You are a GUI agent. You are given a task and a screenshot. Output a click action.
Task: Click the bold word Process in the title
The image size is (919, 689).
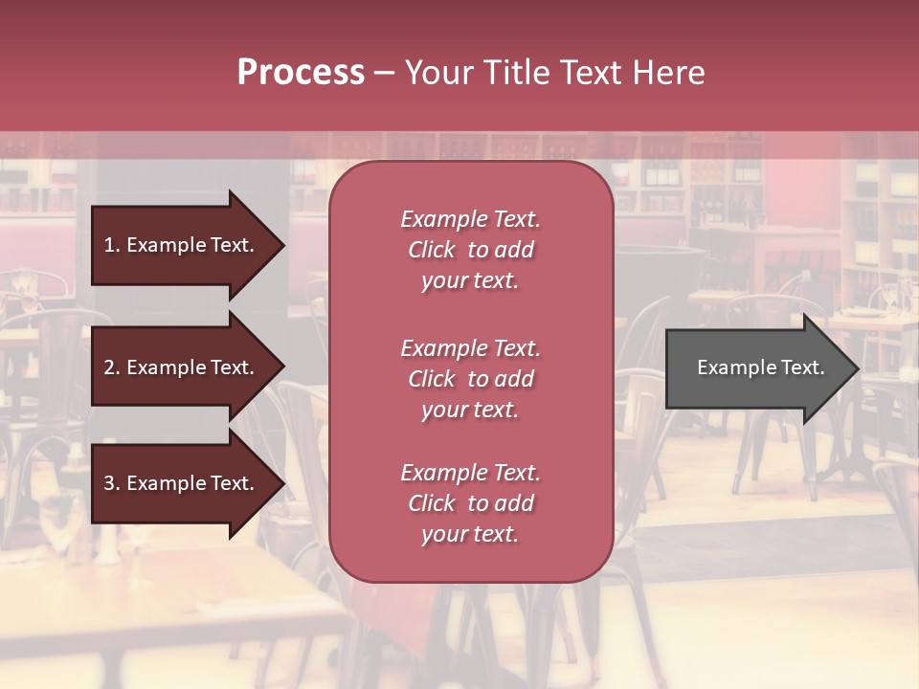coord(301,73)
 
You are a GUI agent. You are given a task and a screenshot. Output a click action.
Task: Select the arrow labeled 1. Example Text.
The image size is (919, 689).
coord(182,245)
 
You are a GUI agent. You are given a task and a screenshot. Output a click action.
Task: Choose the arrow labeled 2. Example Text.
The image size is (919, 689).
coord(182,367)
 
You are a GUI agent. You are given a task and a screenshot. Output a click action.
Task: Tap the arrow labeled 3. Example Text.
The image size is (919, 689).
coord(182,483)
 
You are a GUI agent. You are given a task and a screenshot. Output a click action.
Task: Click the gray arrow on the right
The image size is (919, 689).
coord(756,368)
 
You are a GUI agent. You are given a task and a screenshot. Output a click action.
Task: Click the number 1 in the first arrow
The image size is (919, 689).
coord(109,245)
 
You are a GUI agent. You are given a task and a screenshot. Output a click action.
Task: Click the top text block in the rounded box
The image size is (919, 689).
coord(470,250)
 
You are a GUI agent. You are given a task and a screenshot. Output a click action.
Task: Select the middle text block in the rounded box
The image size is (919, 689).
coord(470,379)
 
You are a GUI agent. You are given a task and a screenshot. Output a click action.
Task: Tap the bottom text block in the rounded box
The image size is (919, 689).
coord(470,503)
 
